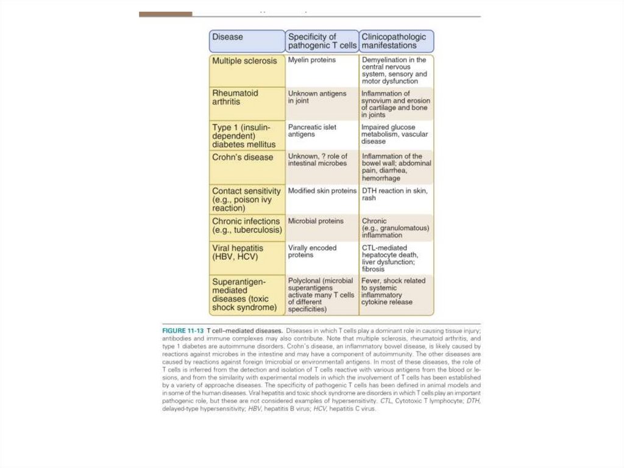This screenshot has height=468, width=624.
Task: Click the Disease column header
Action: tap(247, 41)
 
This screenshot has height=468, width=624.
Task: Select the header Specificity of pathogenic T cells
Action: tap(321, 41)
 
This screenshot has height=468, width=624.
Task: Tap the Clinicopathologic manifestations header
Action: tap(396, 41)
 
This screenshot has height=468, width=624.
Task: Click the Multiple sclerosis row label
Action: tap(244, 61)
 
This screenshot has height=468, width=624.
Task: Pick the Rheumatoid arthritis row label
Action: tap(235, 98)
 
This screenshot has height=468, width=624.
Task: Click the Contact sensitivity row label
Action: tap(247, 200)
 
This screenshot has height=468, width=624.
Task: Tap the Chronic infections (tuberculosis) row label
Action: tap(246, 226)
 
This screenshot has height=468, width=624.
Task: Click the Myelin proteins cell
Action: tap(312, 60)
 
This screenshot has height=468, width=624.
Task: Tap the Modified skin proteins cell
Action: tap(322, 191)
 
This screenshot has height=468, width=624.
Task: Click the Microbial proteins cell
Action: tap(316, 221)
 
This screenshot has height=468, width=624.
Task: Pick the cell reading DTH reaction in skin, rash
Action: tap(395, 194)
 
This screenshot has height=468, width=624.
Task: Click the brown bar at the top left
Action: tap(165, 14)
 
